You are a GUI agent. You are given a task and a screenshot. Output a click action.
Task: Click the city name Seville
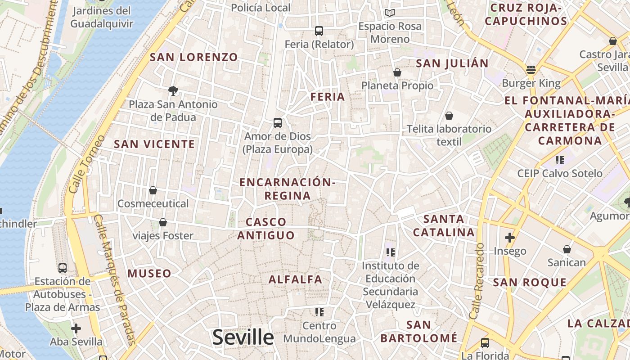243,337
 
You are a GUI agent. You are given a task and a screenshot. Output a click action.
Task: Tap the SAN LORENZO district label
193,57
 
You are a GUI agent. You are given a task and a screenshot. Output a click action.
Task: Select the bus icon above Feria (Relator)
319,31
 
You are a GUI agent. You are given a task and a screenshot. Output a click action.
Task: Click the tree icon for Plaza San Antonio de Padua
173,91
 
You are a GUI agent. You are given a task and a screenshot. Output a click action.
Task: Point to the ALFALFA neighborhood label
296,279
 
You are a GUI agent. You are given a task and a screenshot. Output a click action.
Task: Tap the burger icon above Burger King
531,70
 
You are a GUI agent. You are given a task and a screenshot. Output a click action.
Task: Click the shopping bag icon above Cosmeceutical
153,190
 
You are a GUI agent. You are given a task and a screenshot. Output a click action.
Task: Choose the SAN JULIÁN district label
452,63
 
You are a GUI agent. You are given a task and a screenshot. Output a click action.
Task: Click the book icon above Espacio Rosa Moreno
390,13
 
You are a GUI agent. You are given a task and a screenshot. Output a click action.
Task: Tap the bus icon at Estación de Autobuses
63,268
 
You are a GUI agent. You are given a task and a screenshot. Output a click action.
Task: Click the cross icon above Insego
510,237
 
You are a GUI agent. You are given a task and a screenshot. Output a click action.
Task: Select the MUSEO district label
149,274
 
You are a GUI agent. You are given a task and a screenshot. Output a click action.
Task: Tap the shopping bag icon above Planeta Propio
397,72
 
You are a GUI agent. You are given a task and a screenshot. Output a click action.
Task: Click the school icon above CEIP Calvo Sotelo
559,160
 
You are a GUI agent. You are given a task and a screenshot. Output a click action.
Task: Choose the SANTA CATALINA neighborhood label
444,226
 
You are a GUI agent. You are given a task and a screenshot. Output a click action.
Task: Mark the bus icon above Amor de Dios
278,123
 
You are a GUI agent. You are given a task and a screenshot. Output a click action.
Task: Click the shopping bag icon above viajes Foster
163,222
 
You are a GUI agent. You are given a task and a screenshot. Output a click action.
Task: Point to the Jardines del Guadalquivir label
102,17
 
